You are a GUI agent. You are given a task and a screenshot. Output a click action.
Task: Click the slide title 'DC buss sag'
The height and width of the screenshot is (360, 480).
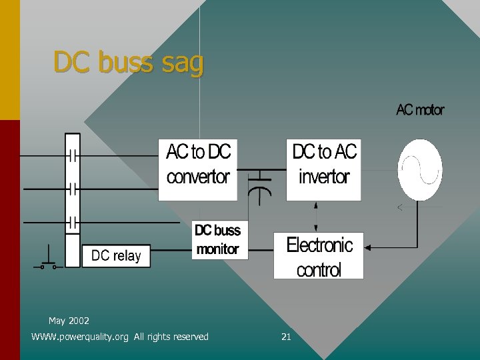(x=129, y=63)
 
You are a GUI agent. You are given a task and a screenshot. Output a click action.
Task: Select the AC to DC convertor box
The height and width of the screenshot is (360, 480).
(x=197, y=170)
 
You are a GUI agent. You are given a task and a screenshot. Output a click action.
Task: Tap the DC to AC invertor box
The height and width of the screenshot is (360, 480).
(x=324, y=170)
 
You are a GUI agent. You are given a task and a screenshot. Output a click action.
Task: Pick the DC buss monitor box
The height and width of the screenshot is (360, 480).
(x=219, y=240)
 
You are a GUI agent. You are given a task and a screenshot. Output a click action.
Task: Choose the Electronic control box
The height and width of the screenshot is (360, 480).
(x=319, y=256)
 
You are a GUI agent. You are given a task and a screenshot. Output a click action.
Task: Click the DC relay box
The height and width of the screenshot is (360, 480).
(x=116, y=256)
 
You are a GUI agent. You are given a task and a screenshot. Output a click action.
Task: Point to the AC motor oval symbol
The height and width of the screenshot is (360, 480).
(x=420, y=170)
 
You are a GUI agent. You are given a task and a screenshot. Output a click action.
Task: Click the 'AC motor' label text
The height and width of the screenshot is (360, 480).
(x=420, y=110)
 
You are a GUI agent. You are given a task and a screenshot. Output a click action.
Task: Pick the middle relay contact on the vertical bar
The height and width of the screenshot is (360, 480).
(x=73, y=189)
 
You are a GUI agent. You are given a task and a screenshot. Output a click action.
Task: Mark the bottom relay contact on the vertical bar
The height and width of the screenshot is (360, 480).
(x=73, y=221)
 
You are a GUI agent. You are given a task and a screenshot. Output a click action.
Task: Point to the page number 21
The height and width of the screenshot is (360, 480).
(x=286, y=337)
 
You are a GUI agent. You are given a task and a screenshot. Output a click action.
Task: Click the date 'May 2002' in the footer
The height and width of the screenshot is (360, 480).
(x=69, y=321)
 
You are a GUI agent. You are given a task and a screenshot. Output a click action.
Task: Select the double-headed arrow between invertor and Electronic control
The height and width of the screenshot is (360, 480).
(x=316, y=216)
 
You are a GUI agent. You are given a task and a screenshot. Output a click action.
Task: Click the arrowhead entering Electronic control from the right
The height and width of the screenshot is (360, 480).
(x=368, y=248)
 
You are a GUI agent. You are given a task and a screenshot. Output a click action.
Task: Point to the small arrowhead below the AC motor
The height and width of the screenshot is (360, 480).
(x=400, y=208)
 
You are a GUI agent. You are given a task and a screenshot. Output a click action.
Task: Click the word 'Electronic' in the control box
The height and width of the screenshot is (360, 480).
(x=319, y=245)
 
